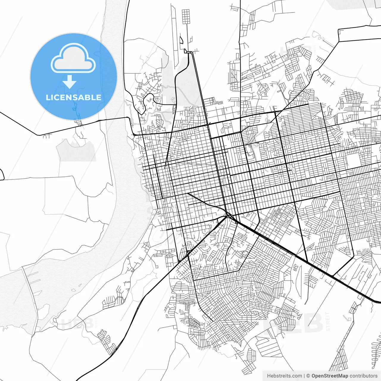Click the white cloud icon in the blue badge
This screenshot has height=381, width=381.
[73, 58]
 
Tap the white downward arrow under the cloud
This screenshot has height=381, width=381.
[69, 82]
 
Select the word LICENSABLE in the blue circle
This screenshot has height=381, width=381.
[74, 97]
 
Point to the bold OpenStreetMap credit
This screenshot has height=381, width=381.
[330, 376]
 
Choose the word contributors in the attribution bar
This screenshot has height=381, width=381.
[363, 376]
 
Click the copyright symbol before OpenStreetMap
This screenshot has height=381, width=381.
[308, 376]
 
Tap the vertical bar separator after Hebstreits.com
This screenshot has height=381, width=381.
[304, 376]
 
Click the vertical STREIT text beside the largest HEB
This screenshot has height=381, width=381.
[328, 321]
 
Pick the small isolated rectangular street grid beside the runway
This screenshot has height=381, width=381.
[186, 17]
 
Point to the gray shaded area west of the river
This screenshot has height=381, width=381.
[77, 150]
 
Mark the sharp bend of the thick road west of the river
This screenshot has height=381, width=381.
[39, 135]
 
